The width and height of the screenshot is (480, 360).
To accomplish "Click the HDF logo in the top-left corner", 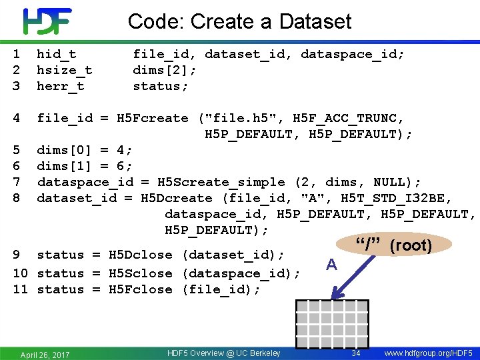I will (47, 21).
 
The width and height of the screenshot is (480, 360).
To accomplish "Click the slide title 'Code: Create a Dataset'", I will (239, 21).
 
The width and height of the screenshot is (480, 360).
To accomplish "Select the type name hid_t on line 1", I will (56, 54).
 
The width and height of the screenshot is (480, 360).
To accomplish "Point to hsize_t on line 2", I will (64, 70).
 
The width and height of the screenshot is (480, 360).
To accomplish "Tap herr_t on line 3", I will (60, 86).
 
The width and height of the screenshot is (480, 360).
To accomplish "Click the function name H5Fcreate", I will (152, 118).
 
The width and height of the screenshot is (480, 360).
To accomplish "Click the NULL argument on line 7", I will (389, 182).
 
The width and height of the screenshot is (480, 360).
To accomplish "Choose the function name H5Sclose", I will (140, 273).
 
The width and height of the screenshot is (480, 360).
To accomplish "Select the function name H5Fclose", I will (140, 289).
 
